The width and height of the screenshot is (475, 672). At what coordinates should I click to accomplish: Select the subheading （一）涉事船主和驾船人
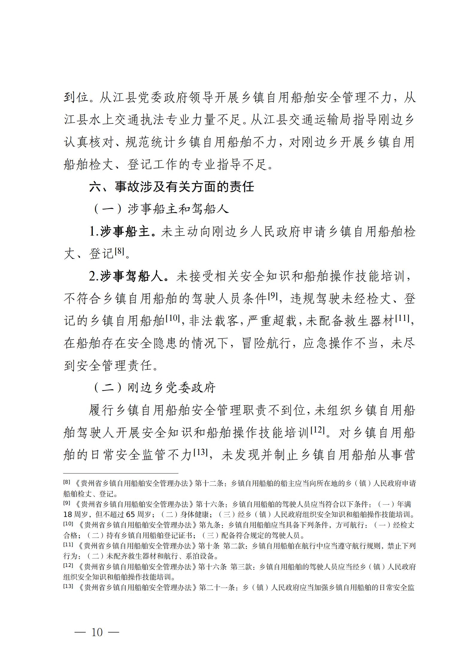[161, 209]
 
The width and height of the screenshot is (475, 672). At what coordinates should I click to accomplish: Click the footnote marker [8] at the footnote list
[67, 482]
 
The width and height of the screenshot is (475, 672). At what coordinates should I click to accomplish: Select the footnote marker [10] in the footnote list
[69, 524]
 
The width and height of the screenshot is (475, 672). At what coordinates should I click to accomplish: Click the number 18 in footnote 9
[68, 515]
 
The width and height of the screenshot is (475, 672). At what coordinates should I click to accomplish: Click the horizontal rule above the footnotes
[121, 473]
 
